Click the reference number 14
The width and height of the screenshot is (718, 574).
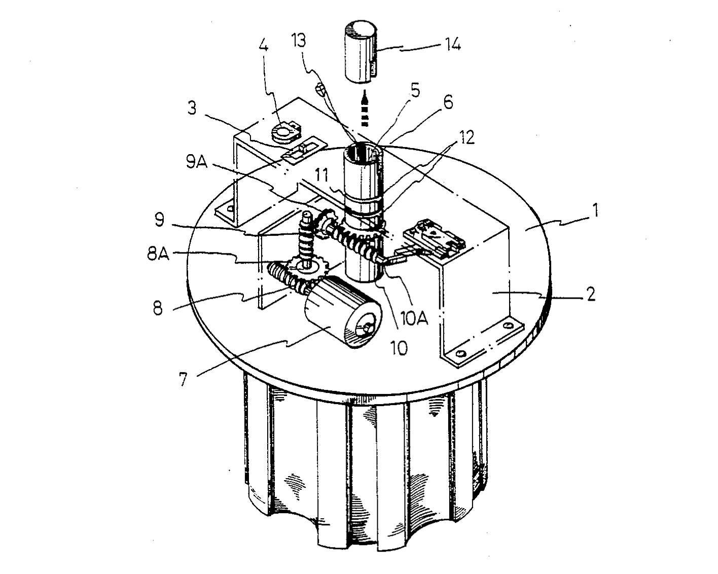[x=452, y=44]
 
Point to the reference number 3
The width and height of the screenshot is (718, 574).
[x=192, y=109]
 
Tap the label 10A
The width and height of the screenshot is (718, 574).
[x=414, y=318]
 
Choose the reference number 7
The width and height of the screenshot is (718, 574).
[x=184, y=379]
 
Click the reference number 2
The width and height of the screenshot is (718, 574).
[x=591, y=294]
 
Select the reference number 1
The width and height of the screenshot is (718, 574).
[x=595, y=210]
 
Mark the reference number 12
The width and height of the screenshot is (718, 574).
[x=466, y=137]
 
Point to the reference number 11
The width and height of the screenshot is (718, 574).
[x=322, y=175]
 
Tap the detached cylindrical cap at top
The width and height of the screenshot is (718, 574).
[x=361, y=52]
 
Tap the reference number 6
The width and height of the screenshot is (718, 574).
[x=448, y=102]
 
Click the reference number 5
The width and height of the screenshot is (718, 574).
[x=415, y=91]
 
